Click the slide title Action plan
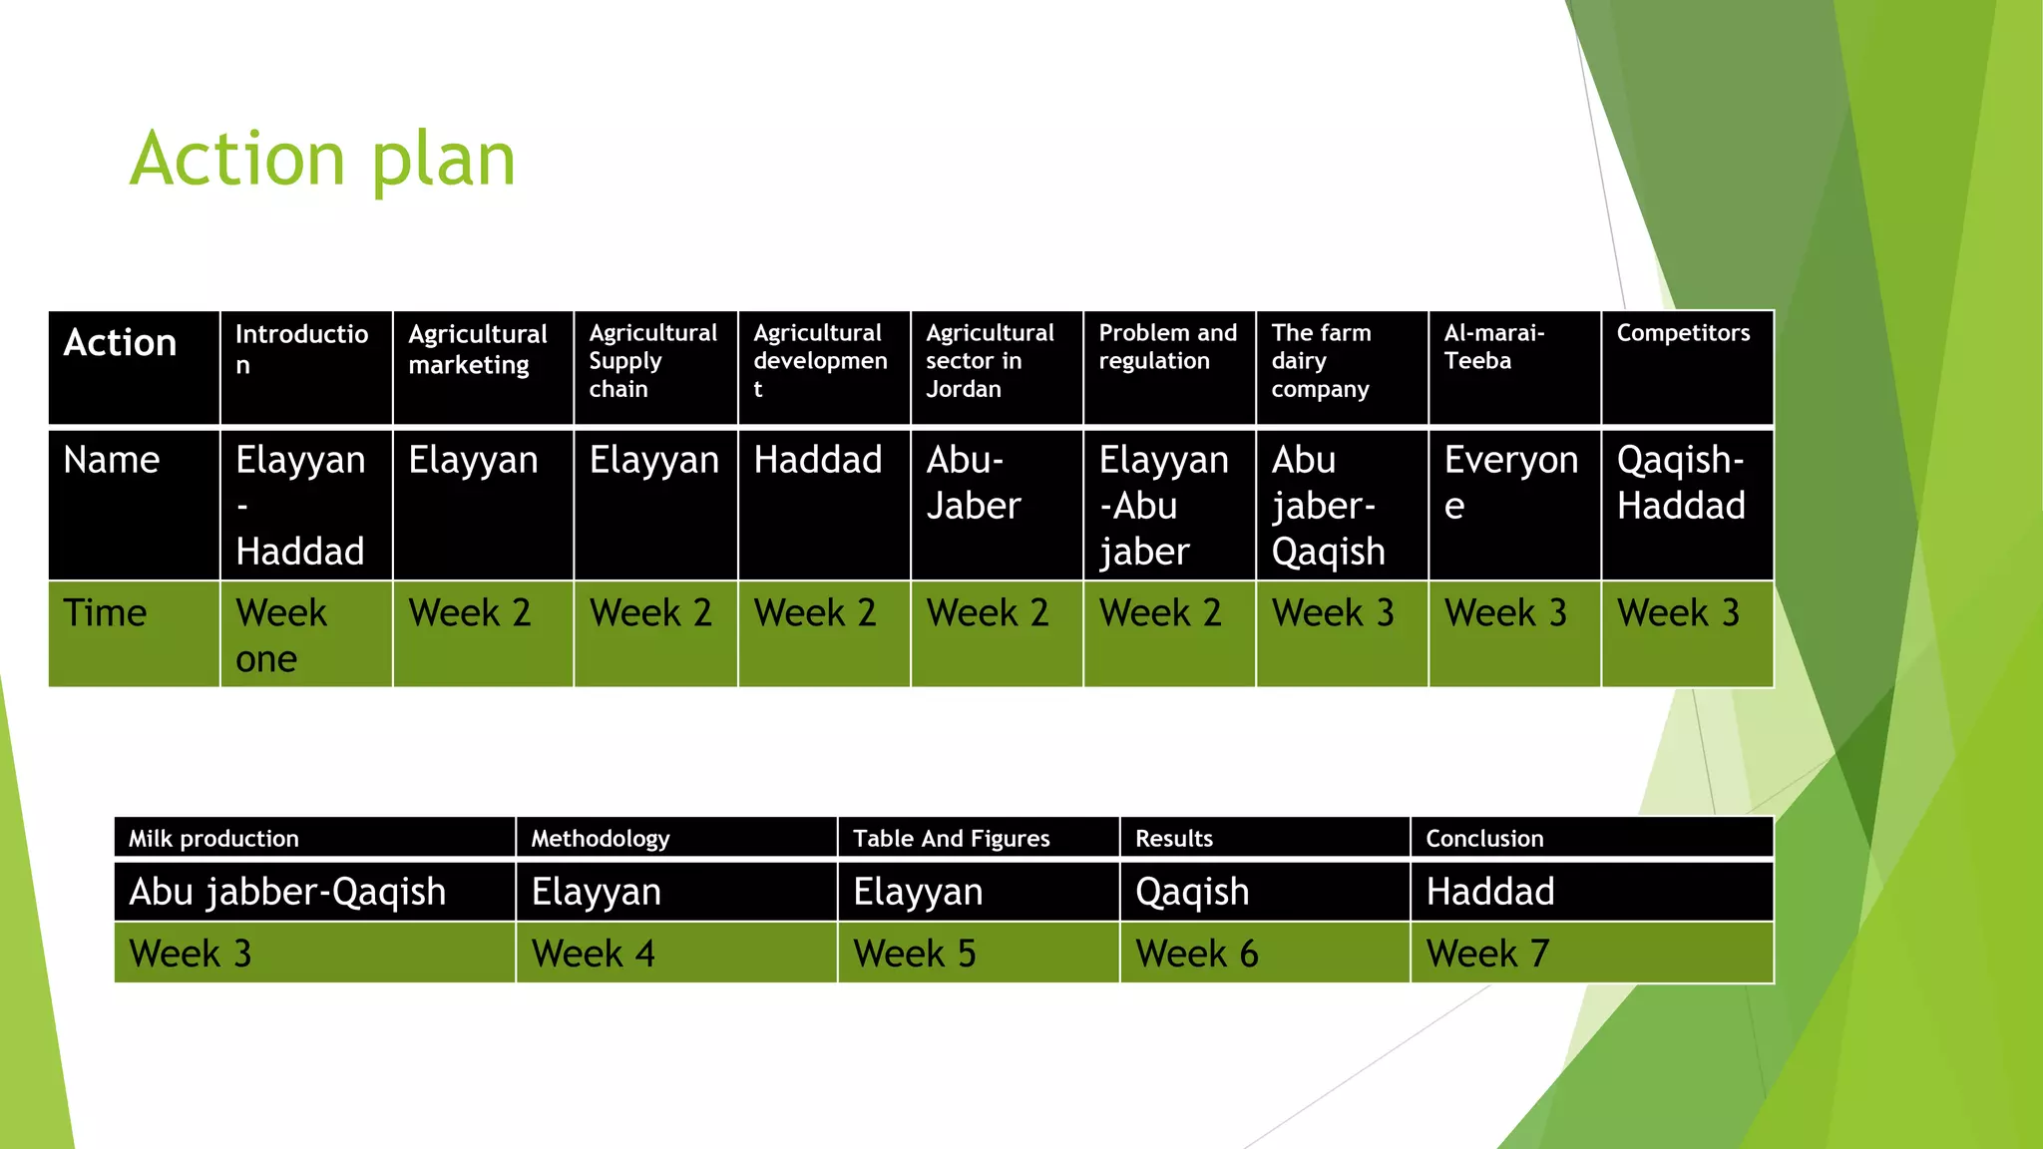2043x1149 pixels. coord(322,160)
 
